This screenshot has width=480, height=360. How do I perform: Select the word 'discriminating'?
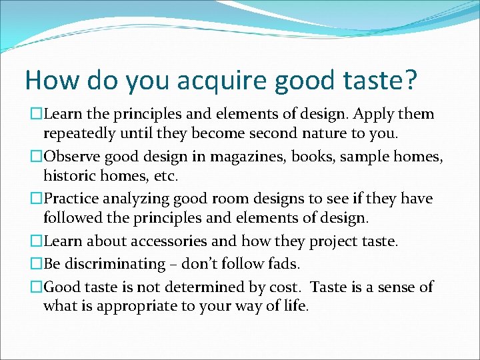(x=120, y=263)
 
